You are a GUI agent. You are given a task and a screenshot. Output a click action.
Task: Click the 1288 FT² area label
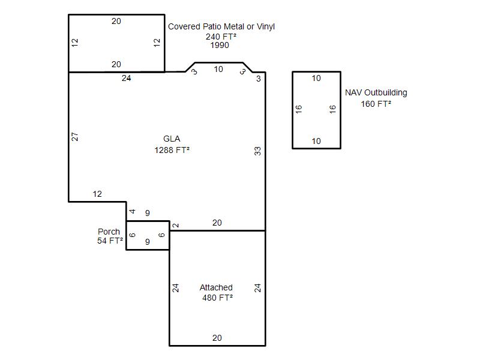172,150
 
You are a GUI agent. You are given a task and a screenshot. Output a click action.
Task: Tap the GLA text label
172,139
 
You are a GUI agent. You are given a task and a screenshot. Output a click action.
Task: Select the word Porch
109,232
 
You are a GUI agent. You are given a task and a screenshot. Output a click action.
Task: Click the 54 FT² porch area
110,241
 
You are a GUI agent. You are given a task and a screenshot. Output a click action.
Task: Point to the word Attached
216,287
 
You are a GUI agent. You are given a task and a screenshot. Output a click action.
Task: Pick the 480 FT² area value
217,298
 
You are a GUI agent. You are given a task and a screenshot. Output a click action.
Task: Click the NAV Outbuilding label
376,92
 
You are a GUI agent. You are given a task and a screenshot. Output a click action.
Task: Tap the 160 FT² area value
376,104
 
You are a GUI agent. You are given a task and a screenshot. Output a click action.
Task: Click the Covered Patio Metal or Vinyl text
221,26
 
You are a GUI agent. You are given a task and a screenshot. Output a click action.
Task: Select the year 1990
220,46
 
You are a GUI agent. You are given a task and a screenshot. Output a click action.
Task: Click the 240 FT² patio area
221,37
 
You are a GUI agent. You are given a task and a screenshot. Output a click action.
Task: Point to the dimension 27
74,137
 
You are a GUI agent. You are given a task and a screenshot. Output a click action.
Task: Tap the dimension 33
258,151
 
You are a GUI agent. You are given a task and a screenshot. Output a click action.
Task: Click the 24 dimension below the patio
127,79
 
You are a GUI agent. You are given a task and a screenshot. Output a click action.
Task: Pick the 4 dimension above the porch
132,211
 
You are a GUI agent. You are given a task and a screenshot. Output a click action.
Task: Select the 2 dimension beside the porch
175,226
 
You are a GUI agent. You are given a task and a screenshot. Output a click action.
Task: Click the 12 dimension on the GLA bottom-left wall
97,194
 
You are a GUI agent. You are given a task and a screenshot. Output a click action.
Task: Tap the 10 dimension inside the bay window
218,70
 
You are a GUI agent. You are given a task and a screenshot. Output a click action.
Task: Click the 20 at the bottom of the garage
217,338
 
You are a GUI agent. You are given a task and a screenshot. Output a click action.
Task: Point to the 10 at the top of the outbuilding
316,79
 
